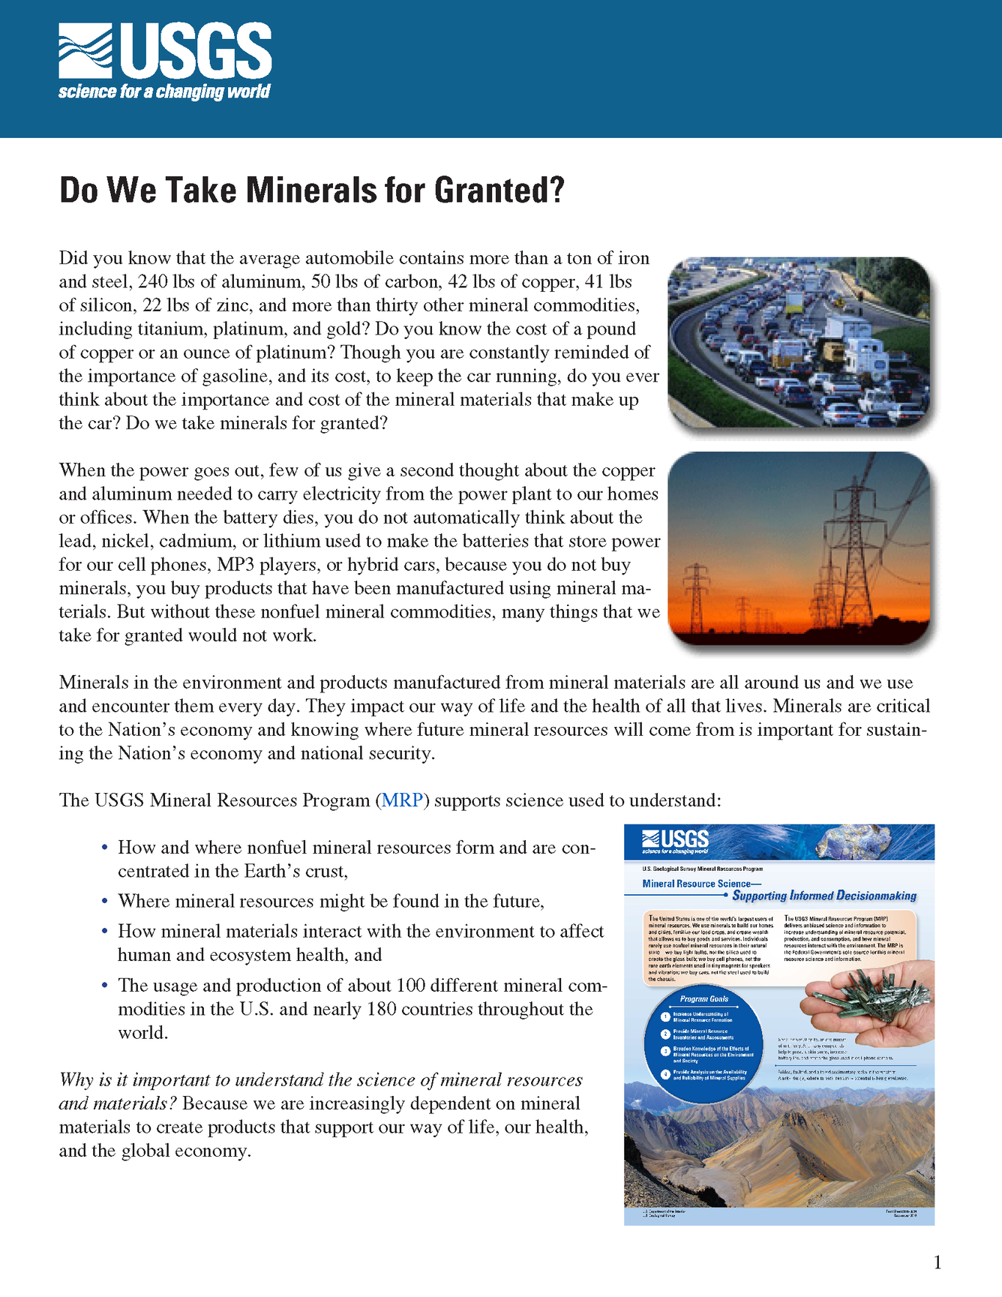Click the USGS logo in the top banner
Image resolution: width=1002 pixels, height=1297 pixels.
click(165, 51)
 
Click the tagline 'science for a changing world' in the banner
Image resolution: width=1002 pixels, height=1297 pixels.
click(164, 92)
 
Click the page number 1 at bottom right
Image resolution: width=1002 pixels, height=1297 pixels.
click(937, 1263)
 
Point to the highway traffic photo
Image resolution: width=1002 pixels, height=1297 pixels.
click(799, 342)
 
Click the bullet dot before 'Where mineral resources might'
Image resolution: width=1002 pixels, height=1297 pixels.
click(105, 901)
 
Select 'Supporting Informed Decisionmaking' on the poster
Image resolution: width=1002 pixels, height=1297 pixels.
click(824, 896)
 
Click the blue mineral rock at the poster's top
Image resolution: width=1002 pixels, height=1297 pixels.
click(855, 842)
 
